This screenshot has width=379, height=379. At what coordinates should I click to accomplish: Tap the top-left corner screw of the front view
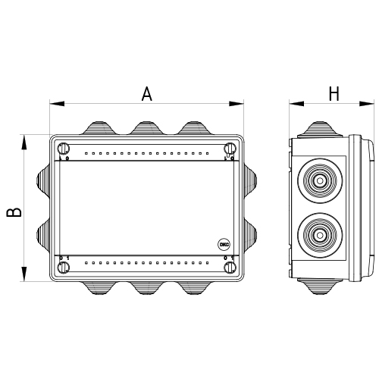tap(64, 149)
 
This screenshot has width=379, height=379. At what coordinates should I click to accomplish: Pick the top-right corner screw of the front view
tap(230, 149)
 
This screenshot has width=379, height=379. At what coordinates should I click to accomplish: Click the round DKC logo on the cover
tap(224, 243)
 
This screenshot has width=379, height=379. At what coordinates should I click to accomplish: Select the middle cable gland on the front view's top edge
tap(146, 127)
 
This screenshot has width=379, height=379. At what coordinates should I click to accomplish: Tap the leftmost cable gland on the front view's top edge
tap(99, 127)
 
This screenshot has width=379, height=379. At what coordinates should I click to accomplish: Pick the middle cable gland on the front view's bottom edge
tap(146, 289)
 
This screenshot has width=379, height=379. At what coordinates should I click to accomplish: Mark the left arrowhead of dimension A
tap(54, 104)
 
